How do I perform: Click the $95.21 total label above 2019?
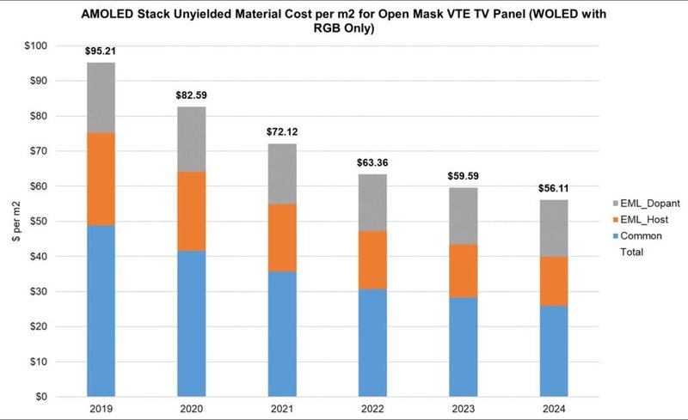pyautogui.click(x=101, y=51)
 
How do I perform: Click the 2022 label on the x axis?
pyautogui.click(x=373, y=410)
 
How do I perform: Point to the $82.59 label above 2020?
pyautogui.click(x=191, y=94)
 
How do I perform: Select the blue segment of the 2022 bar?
pyautogui.click(x=373, y=343)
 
